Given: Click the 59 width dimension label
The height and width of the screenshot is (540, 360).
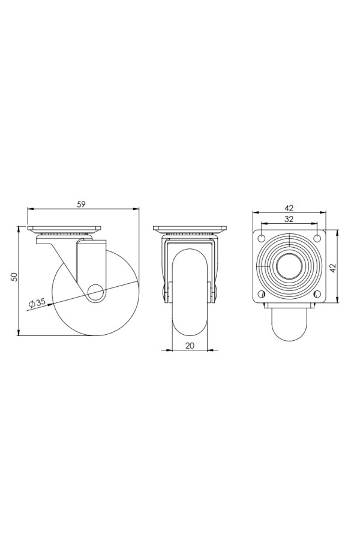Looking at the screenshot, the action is tap(81, 204).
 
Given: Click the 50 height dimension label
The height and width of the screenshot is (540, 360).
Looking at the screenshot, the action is tap(14, 277).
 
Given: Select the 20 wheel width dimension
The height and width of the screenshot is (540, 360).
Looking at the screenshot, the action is tap(190, 346).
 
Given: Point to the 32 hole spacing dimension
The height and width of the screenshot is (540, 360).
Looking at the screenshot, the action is tap(289, 218).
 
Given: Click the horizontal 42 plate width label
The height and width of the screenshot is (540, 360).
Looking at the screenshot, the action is tap(289, 208).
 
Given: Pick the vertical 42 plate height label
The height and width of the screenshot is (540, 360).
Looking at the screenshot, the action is tap(333, 268).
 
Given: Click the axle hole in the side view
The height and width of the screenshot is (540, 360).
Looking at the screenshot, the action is tap(96, 292).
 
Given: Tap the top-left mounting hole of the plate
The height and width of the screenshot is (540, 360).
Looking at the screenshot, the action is tap(262, 238).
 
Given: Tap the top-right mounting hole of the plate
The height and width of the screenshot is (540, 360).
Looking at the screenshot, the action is tap(317, 238).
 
